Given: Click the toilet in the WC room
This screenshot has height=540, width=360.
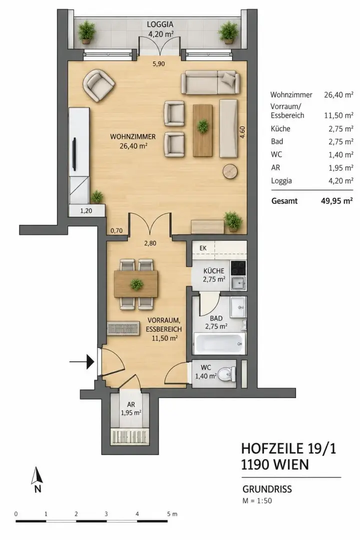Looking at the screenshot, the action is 227,374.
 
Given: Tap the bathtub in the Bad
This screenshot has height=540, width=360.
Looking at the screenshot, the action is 219,343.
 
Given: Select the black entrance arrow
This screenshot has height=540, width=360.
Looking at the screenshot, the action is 82,361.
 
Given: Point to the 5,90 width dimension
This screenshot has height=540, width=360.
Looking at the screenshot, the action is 158,63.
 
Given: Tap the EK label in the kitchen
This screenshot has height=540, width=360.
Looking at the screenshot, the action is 203,248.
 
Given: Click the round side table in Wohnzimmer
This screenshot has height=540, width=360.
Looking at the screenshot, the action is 230,171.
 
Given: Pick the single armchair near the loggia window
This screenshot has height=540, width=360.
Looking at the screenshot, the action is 98,85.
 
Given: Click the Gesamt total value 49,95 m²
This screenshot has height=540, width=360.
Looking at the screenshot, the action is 336,201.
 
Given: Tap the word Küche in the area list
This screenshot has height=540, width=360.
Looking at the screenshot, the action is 280,129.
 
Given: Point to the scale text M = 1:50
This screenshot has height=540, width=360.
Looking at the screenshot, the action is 257,500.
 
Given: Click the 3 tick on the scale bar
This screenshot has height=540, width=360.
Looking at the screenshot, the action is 106,514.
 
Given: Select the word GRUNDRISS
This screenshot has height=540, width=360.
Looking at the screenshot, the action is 267,489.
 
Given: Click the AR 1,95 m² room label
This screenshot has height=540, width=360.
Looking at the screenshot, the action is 131,408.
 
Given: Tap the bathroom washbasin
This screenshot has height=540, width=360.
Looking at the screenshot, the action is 238,306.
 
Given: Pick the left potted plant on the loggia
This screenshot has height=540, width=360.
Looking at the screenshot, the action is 86,31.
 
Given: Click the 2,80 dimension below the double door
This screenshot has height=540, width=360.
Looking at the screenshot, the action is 150,243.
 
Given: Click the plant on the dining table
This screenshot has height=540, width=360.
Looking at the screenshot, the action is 136,284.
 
